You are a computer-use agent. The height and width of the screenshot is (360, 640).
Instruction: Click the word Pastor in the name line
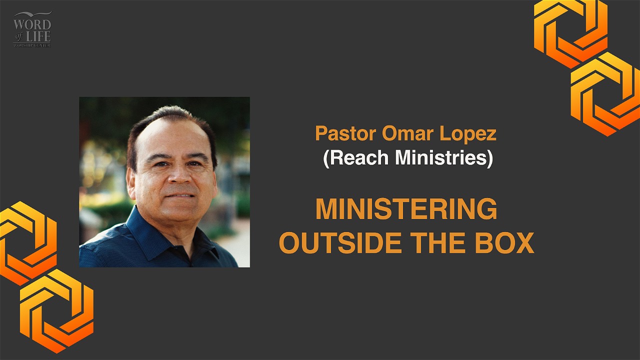(345, 133)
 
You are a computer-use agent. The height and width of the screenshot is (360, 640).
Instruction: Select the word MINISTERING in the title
(406, 209)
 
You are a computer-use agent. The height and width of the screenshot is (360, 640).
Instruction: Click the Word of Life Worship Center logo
(32, 29)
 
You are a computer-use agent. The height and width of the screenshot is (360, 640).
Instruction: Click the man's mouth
(180, 196)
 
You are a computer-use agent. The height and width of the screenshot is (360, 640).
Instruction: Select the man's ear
(131, 183)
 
